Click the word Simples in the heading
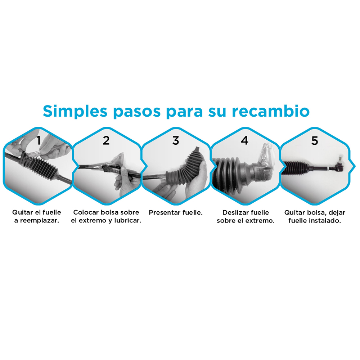tap(75, 111)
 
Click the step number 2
tap(106, 141)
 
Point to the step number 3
tap(175, 141)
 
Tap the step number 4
tap(245, 141)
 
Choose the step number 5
tap(315, 141)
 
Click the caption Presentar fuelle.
tap(176, 212)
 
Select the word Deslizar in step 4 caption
tap(235, 212)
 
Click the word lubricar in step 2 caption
tap(126, 221)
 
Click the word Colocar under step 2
tap(85, 212)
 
